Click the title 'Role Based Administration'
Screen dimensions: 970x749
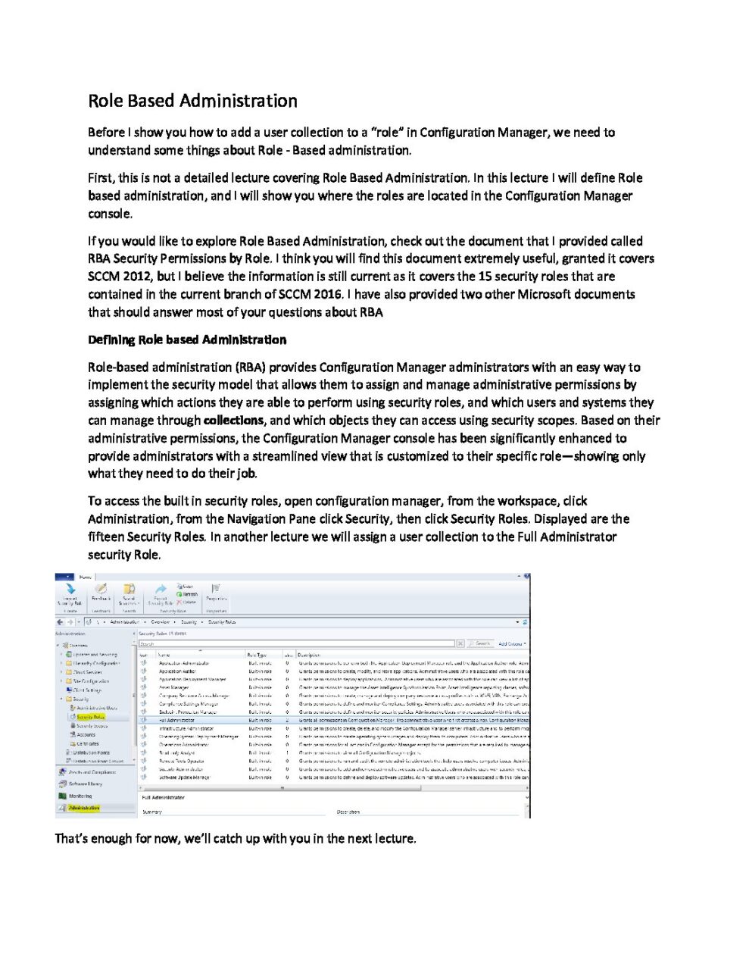point(192,101)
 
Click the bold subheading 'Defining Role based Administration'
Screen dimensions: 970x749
point(187,339)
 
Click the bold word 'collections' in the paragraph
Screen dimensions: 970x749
point(233,421)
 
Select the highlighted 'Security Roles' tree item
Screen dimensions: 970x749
point(90,716)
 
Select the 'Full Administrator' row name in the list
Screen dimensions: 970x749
point(176,720)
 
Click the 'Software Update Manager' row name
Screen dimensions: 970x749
point(184,777)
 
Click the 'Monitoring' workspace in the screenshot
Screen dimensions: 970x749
point(80,796)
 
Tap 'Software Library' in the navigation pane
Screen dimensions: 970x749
point(85,784)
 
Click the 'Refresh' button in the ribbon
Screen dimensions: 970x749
point(189,594)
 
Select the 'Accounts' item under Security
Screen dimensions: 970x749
point(86,734)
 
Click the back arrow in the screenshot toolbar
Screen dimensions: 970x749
point(60,621)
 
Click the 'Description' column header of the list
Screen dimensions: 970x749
point(309,655)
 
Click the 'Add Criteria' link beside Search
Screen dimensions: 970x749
point(511,643)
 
